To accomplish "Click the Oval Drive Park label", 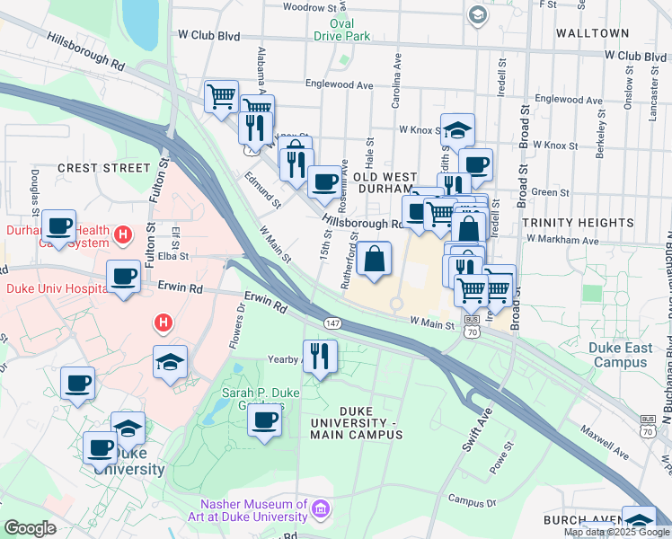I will [x=342, y=30].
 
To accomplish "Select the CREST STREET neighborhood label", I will [x=104, y=168].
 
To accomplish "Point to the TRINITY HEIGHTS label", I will [x=578, y=223].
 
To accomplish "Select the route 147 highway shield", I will [x=332, y=323].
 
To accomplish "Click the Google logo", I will [x=30, y=528].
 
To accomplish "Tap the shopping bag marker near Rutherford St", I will [x=374, y=260].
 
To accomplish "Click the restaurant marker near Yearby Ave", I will [x=319, y=356].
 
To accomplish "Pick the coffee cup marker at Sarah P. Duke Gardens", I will [x=264, y=420].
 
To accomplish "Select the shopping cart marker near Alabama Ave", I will [x=221, y=96].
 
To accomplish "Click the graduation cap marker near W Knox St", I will [x=457, y=130].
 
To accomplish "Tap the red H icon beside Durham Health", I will [x=124, y=236].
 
